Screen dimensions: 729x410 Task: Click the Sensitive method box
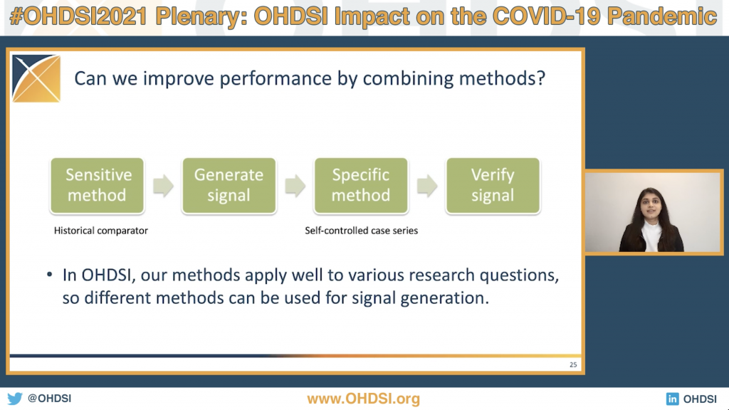click(97, 186)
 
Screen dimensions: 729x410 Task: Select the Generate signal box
click(229, 186)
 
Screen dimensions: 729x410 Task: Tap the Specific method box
click(361, 186)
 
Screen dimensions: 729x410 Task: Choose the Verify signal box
click(493, 186)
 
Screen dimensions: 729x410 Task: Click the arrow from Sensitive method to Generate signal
click(163, 186)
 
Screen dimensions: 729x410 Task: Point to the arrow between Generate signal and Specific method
click(295, 186)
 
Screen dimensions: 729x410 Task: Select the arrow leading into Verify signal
click(427, 186)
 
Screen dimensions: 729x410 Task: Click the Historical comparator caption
click(101, 231)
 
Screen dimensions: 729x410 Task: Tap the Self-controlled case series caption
click(361, 231)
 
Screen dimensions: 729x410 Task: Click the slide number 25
click(573, 365)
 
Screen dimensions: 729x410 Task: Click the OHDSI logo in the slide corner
click(36, 78)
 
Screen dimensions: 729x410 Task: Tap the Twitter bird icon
click(15, 399)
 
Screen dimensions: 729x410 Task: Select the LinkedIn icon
click(672, 399)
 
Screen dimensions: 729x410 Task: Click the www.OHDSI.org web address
click(364, 399)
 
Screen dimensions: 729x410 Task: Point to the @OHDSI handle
click(49, 399)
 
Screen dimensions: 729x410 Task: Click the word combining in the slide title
click(408, 78)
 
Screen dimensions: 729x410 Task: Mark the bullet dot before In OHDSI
click(50, 275)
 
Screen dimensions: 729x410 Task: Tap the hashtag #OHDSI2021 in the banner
click(78, 17)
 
